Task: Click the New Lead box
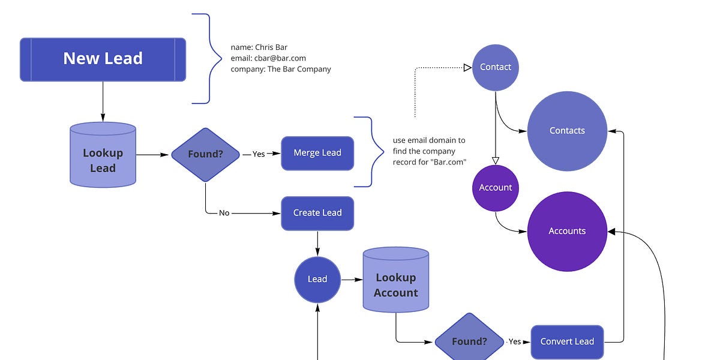coord(103,59)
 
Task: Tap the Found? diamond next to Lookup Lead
coord(205,154)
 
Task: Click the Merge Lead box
coord(317,153)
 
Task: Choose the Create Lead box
coord(317,213)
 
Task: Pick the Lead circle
coord(317,279)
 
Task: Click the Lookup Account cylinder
coord(395,282)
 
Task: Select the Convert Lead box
coord(567,341)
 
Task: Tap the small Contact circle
coord(496,67)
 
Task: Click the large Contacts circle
coord(567,131)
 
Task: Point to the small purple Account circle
coord(496,188)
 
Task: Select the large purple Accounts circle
coord(567,231)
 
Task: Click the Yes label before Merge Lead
coord(259,154)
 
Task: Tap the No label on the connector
coord(224,213)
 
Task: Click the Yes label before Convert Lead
coord(515,341)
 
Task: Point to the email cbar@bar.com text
coord(268,58)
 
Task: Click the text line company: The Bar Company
coord(281,69)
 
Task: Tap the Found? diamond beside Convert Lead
coord(469,341)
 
